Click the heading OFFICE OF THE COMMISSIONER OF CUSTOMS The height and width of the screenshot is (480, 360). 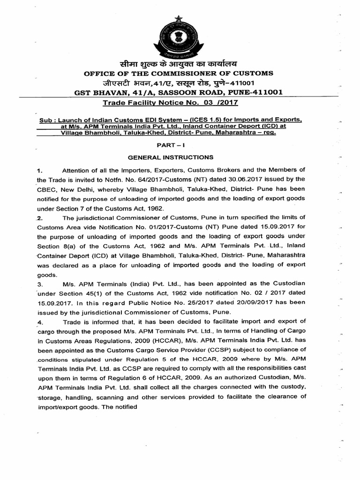[x=178, y=73]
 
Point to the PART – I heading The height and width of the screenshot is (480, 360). [x=179, y=145]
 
